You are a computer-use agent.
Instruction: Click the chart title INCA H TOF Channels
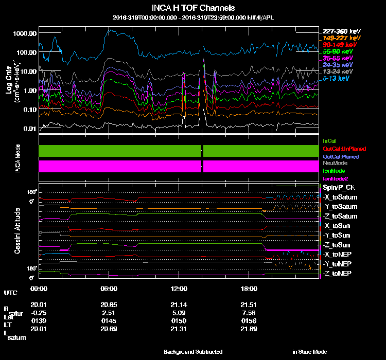[x=194, y=8]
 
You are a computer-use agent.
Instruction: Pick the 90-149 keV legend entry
[x=340, y=45]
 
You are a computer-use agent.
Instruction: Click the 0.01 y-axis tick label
[x=30, y=129]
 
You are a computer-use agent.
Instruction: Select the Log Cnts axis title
[x=9, y=82]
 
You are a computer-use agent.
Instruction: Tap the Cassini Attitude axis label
[x=17, y=230]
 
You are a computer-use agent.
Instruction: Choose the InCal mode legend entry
[x=329, y=140]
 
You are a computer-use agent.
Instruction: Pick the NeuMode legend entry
[x=335, y=163]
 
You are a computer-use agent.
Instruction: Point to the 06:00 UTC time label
[x=109, y=288]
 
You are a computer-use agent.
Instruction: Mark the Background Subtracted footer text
[x=193, y=352]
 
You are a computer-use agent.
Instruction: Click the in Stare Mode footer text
[x=310, y=352]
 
